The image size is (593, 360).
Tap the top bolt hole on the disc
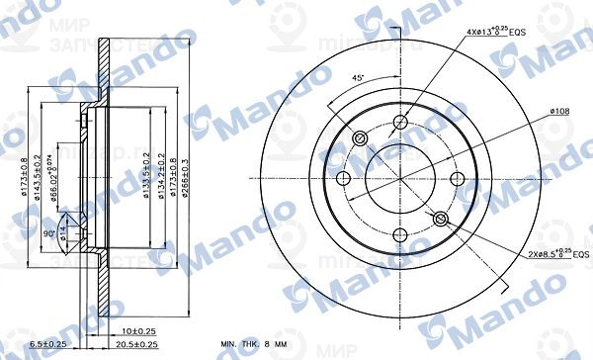click(x=400, y=123)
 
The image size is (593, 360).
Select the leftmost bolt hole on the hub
click(x=344, y=179)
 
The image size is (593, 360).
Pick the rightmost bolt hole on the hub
click(x=457, y=179)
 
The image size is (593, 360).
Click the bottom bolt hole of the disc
click(x=400, y=235)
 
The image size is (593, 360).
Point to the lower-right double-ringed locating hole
click(x=440, y=219)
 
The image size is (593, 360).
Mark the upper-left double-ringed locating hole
click(x=361, y=139)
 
